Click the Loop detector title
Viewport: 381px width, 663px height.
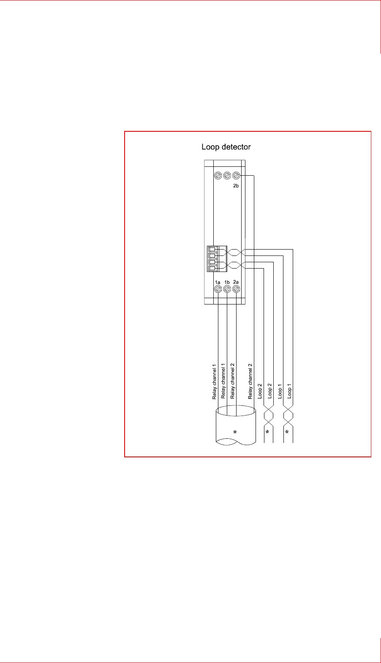pyautogui.click(x=226, y=147)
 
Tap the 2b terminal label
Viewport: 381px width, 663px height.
pyautogui.click(x=237, y=185)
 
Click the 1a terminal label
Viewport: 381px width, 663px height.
pyautogui.click(x=218, y=282)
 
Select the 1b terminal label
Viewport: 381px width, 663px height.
pyautogui.click(x=227, y=282)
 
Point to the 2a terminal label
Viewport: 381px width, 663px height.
pyautogui.click(x=236, y=282)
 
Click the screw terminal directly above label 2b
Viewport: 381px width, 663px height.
pyautogui.click(x=237, y=175)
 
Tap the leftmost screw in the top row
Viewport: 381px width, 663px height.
pyautogui.click(x=218, y=175)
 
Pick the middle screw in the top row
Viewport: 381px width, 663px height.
pyautogui.click(x=227, y=175)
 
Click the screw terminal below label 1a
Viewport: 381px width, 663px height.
pyautogui.click(x=218, y=289)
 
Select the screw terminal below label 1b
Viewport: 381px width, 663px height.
pyautogui.click(x=227, y=289)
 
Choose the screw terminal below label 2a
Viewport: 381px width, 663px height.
pyautogui.click(x=237, y=289)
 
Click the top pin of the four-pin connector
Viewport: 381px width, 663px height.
pyautogui.click(x=212, y=249)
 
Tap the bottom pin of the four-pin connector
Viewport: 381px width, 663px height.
pyautogui.click(x=212, y=268)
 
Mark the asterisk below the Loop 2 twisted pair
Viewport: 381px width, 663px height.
pyautogui.click(x=267, y=432)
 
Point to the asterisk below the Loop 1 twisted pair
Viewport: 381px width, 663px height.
pyautogui.click(x=287, y=432)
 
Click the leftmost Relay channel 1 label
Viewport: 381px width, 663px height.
pyautogui.click(x=214, y=381)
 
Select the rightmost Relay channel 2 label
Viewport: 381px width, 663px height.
pyautogui.click(x=250, y=381)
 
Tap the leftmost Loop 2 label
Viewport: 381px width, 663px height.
pyautogui.click(x=260, y=391)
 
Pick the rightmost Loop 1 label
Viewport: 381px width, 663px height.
pyautogui.click(x=289, y=391)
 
